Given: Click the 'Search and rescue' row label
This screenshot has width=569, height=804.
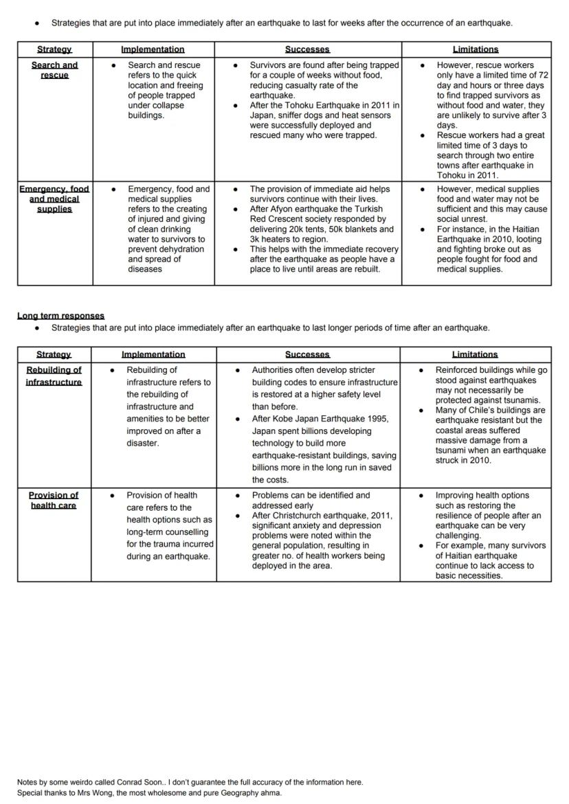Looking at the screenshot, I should [54, 70].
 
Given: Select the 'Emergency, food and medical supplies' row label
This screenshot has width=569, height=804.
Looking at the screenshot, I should [54, 198].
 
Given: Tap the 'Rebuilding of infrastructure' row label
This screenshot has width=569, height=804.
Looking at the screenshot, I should [54, 376].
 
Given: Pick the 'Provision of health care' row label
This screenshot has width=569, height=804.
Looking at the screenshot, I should [54, 500].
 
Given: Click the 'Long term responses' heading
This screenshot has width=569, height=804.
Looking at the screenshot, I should [60, 316].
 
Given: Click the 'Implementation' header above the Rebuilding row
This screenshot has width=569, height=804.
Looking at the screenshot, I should [153, 354].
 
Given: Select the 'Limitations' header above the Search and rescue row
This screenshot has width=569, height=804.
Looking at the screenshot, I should [476, 49].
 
